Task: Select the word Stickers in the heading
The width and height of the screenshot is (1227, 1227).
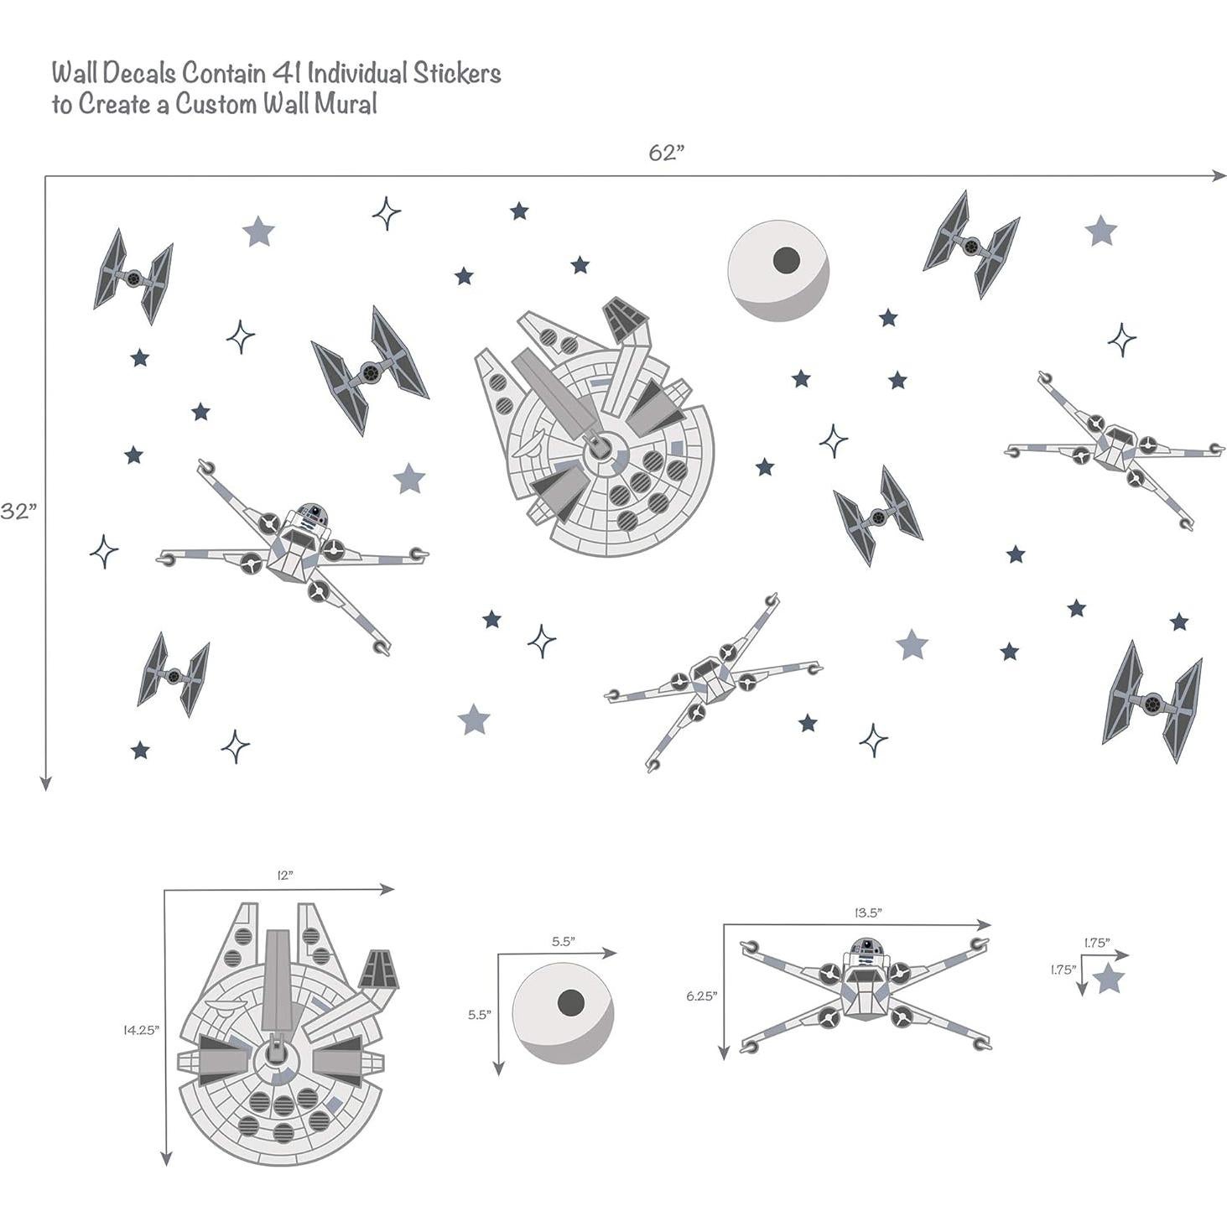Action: [x=456, y=73]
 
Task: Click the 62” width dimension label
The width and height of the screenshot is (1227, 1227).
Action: [x=667, y=153]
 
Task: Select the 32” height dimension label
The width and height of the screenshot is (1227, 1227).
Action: [x=18, y=512]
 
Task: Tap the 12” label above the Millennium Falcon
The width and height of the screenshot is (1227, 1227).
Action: [x=285, y=875]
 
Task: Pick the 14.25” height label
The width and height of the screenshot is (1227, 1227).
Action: [x=141, y=1030]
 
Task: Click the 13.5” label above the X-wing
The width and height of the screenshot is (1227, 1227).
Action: [x=867, y=912]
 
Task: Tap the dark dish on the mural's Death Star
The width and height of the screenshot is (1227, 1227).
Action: [x=786, y=260]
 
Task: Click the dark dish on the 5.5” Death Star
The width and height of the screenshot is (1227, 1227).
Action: [x=571, y=1001]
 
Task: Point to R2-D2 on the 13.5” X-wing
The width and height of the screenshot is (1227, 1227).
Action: [x=864, y=950]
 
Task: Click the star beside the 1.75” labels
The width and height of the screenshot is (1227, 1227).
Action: [x=1110, y=978]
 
